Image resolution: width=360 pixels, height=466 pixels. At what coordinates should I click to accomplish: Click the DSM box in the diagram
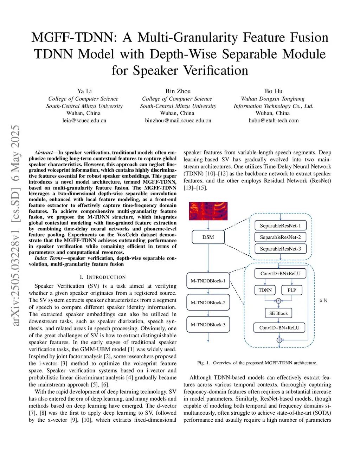[x=208, y=237]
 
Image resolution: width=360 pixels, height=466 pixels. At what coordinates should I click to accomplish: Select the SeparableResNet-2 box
[x=280, y=237]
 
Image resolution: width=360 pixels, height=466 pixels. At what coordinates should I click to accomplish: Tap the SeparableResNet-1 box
[x=280, y=225]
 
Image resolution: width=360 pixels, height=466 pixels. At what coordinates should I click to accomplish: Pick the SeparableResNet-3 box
[x=280, y=249]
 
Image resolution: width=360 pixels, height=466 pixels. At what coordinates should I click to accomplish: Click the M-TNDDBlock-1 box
[x=208, y=281]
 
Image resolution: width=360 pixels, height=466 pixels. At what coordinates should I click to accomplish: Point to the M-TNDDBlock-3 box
[x=208, y=324]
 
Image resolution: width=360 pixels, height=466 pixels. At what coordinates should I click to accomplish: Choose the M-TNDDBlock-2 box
[x=208, y=302]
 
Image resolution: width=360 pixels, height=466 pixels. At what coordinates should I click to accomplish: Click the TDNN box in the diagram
[x=265, y=290]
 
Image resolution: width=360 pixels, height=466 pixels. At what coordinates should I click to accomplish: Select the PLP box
[x=292, y=290]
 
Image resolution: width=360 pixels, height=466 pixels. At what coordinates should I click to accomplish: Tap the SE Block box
[x=278, y=313]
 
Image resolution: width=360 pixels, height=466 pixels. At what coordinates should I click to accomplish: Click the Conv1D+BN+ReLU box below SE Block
[x=279, y=327]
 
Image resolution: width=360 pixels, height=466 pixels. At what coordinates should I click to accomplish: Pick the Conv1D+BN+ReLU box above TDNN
[x=280, y=273]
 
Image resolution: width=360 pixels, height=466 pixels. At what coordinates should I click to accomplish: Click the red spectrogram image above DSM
[x=208, y=211]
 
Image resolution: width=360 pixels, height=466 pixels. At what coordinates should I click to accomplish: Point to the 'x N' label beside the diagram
[x=323, y=300]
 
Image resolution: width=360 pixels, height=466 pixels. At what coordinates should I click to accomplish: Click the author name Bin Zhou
[x=178, y=91]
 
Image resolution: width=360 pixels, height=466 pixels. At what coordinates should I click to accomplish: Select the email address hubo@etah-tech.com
[x=274, y=120]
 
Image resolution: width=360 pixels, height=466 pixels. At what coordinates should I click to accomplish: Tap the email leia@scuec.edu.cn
[x=84, y=120]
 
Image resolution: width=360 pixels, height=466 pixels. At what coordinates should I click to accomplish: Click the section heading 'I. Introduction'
[x=103, y=277]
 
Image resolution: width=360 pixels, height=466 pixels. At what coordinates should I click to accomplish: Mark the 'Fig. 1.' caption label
[x=204, y=363]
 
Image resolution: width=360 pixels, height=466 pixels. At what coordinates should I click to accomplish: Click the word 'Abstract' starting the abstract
[x=43, y=153]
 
